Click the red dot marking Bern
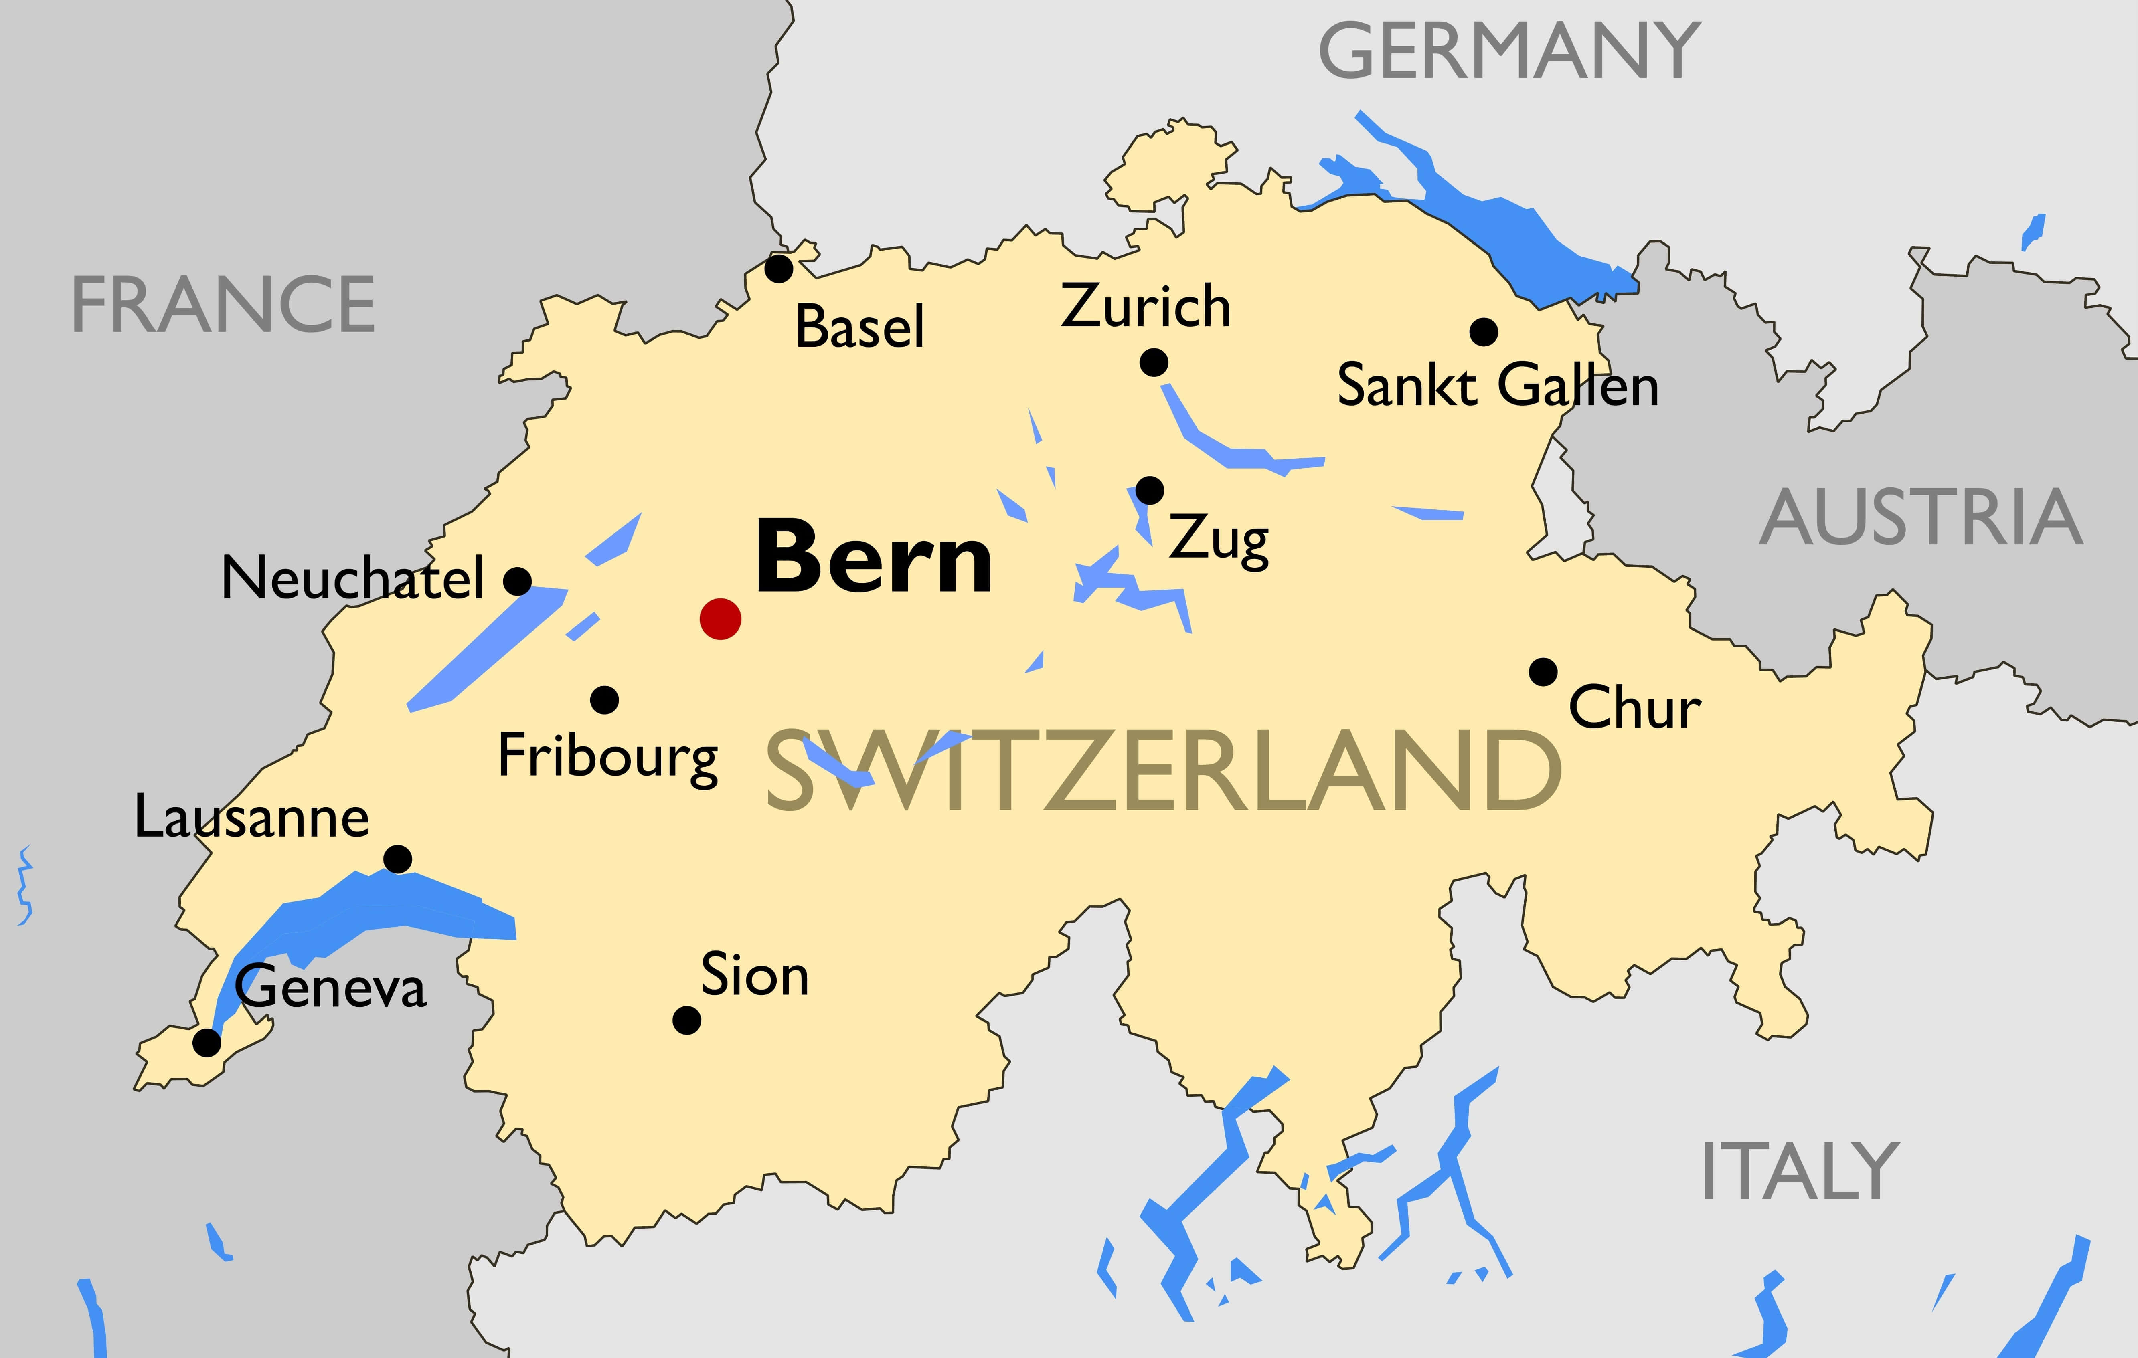click(x=720, y=618)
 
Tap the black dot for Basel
click(x=779, y=268)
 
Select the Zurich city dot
click(x=1153, y=362)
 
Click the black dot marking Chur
click(x=1543, y=672)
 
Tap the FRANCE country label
click(x=223, y=305)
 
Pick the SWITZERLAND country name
click(x=1163, y=770)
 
